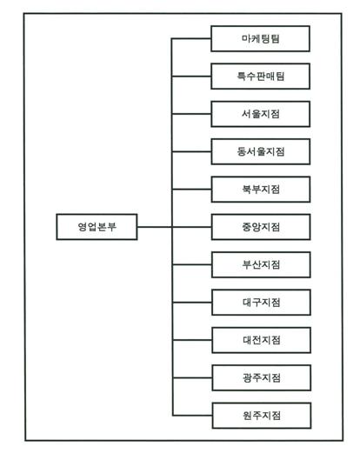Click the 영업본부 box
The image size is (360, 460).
pos(97,227)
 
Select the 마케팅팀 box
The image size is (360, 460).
pos(260,39)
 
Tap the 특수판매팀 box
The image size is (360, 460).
pos(261,77)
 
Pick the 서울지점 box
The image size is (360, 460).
pos(261,114)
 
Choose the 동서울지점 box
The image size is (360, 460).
pos(261,151)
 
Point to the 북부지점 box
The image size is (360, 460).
pos(261,190)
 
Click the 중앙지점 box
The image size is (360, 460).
pos(261,227)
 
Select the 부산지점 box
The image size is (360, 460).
pos(261,264)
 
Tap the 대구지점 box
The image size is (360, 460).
pos(261,302)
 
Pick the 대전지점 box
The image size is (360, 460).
pos(262,340)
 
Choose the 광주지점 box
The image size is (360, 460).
pos(262,377)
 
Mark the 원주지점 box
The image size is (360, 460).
pos(262,416)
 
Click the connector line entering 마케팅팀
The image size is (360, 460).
pos(191,38)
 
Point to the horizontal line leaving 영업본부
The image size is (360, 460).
pos(155,227)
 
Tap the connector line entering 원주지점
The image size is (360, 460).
pos(192,416)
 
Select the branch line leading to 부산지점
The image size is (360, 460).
pos(192,264)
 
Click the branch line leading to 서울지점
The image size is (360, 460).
pos(191,114)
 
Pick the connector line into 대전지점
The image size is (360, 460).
pos(192,340)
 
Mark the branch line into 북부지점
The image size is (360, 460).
pos(191,190)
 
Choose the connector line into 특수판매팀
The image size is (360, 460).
pos(191,77)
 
